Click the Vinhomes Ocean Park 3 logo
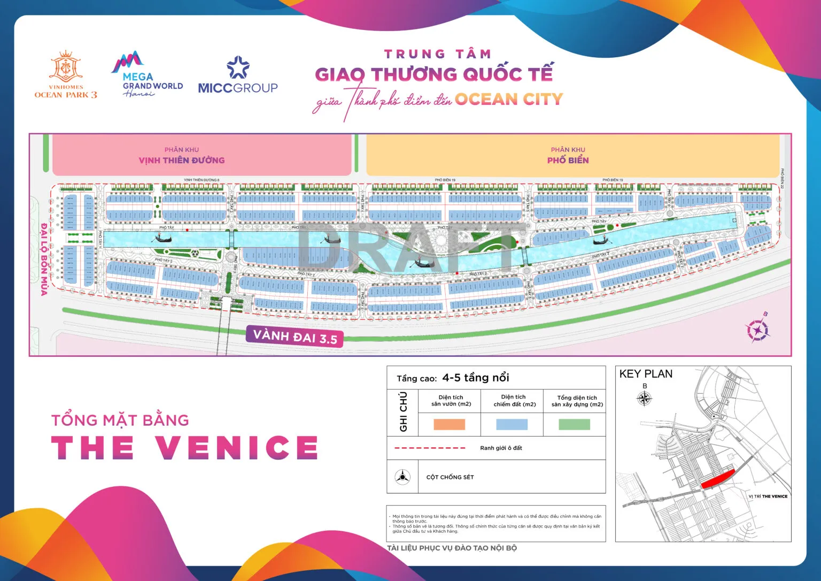click(x=66, y=75)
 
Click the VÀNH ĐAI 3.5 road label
click(x=295, y=336)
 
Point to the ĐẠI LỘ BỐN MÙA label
click(x=44, y=259)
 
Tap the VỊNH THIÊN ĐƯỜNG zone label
click(x=182, y=159)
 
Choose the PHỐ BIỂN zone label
click(x=568, y=159)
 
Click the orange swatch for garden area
click(x=450, y=424)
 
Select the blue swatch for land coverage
click(x=512, y=424)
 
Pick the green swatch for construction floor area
click(x=575, y=424)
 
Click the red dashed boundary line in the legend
click(x=429, y=448)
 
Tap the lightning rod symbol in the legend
click(x=402, y=476)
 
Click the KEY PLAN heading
click(x=646, y=374)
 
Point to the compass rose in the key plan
click(x=645, y=399)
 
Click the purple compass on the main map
click(x=757, y=329)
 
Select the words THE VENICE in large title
click(x=185, y=447)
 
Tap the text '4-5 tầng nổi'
click(x=476, y=378)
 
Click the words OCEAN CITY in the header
click(x=509, y=99)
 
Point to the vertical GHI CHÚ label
click(x=402, y=411)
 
